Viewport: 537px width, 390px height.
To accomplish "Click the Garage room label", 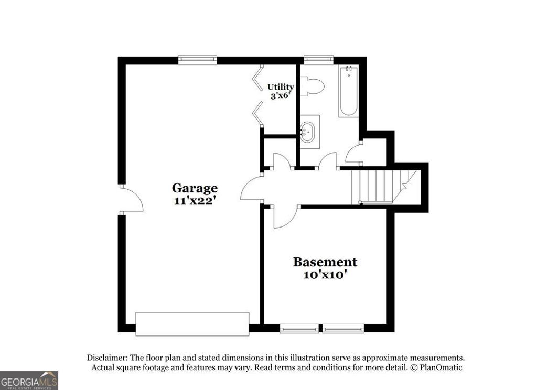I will (x=195, y=188).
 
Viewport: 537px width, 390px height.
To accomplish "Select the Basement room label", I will (x=325, y=262).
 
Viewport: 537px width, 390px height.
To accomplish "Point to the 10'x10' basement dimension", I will (x=325, y=274).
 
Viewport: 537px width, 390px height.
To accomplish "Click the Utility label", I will (x=281, y=87).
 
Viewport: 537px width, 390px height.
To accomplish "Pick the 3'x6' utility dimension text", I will (x=281, y=96).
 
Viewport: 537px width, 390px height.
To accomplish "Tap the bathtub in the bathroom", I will (x=348, y=91).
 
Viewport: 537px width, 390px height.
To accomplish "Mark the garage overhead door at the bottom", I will (x=192, y=323).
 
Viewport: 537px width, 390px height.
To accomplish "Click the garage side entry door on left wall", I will (x=131, y=199).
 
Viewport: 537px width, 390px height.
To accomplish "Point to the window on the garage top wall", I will (x=197, y=60).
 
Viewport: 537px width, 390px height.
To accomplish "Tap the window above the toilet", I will (x=318, y=60).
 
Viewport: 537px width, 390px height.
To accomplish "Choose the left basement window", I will (x=299, y=329).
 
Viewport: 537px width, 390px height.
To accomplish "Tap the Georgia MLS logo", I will (x=29, y=380).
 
